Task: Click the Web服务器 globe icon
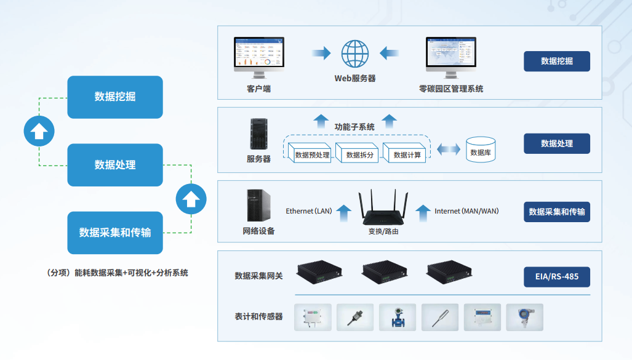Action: tap(355, 54)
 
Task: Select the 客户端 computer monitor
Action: tap(258, 55)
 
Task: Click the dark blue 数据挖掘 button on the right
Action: tap(556, 61)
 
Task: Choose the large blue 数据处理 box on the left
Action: tap(115, 165)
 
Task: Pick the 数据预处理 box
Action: tap(312, 154)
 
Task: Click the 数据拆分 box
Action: tap(360, 154)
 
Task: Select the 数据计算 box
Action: tap(407, 154)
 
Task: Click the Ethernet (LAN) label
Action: tap(309, 211)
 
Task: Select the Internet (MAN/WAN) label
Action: tap(466, 211)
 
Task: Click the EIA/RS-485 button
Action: tap(556, 276)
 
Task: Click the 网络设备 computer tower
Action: tap(258, 205)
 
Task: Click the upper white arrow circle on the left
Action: tap(39, 131)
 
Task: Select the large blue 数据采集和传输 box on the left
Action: tap(115, 233)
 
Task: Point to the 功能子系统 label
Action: tap(354, 127)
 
